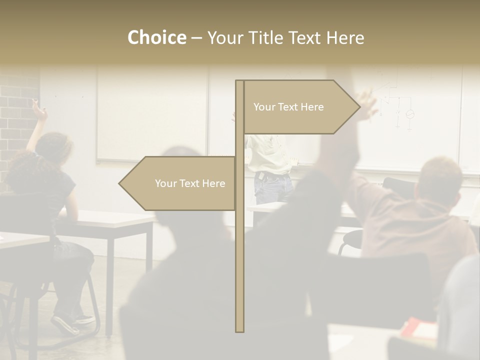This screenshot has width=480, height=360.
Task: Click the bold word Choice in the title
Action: [x=156, y=38]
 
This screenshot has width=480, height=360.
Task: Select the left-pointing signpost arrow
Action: [x=177, y=183]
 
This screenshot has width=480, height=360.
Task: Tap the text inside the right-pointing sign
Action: [x=288, y=107]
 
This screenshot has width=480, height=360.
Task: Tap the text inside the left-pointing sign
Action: [x=190, y=183]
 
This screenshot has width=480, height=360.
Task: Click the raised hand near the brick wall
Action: [x=39, y=110]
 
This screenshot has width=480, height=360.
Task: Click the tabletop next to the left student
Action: [x=115, y=218]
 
